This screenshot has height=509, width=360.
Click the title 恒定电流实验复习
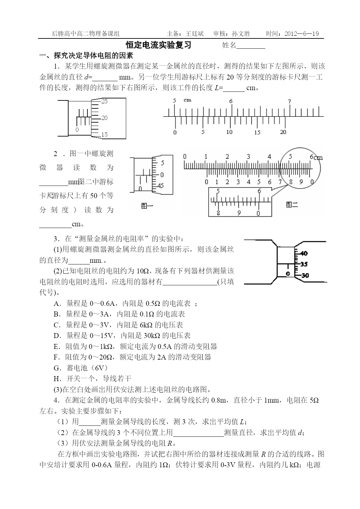(159, 45)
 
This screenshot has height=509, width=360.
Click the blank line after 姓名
(251, 46)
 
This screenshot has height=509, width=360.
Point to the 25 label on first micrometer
(104, 101)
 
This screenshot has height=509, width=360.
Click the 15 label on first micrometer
(104, 135)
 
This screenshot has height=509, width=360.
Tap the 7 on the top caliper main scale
(289, 101)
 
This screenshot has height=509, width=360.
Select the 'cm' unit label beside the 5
(187, 100)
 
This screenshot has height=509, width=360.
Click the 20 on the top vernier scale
(283, 132)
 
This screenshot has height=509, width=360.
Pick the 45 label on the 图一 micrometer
(161, 186)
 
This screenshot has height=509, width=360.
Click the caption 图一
(147, 206)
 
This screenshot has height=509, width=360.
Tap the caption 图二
(292, 205)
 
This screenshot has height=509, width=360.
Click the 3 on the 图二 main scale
(248, 157)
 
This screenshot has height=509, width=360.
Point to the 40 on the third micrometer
(304, 254)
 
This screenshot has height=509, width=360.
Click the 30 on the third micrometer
(305, 275)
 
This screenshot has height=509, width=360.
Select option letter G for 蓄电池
(57, 368)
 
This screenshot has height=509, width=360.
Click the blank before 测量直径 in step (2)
(198, 433)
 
